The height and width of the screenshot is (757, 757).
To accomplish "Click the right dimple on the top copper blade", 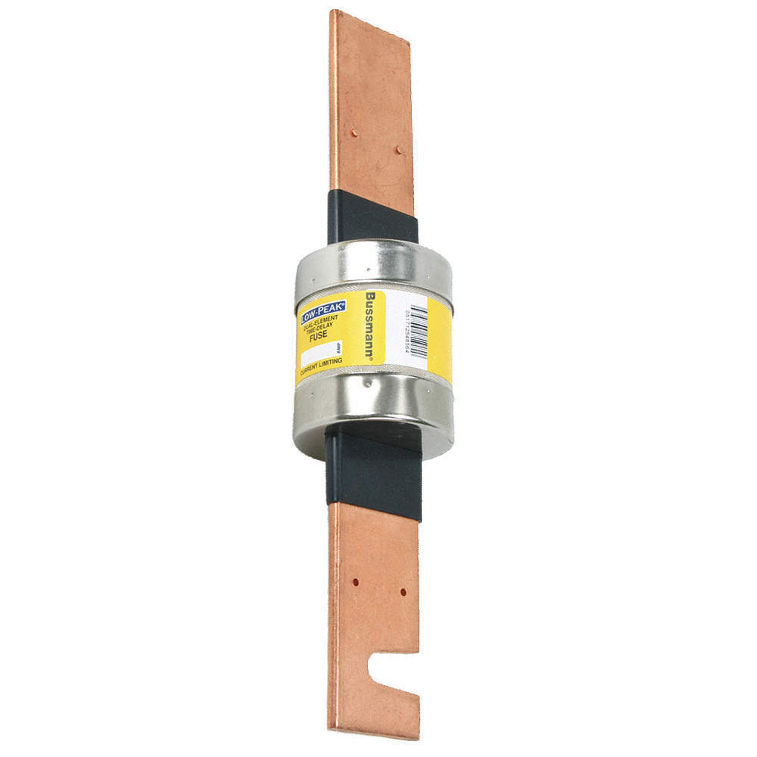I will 398,151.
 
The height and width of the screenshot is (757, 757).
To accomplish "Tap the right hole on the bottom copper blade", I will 403,592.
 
